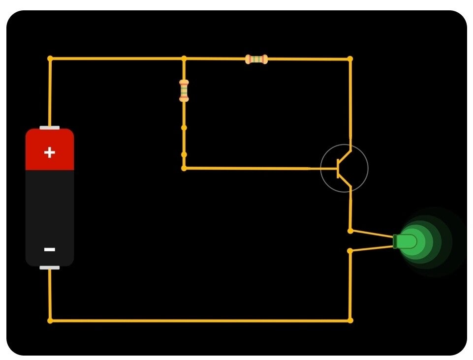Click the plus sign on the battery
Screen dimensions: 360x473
49,152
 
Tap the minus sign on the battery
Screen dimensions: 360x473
49,250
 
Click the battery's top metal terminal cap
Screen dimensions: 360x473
49,128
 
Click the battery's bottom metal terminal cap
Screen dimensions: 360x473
49,268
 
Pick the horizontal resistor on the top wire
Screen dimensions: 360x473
256,60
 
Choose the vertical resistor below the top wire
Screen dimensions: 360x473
184,90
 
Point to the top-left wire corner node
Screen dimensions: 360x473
50,59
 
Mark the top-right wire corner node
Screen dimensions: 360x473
350,59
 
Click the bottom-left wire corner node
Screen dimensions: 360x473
50,321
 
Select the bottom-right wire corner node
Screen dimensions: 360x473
350,321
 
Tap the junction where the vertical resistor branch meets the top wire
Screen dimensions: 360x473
184,59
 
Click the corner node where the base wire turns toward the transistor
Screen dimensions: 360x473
184,168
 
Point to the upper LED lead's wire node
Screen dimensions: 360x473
350,231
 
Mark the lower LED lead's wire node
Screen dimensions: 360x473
350,251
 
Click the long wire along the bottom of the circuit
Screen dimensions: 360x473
197,321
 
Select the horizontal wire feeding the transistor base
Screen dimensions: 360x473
246,168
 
